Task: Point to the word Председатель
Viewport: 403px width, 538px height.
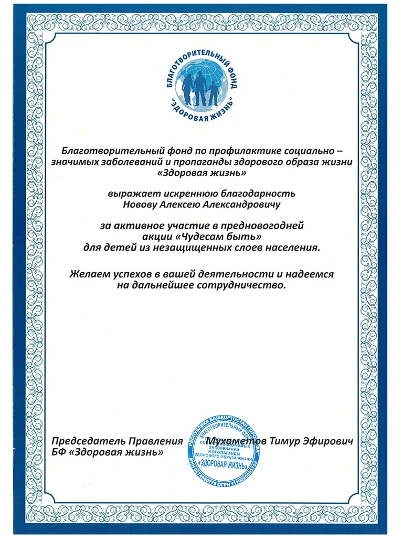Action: coord(84,440)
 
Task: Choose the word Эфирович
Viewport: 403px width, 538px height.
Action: coord(331,440)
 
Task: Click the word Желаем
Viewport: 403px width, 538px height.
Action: coord(88,274)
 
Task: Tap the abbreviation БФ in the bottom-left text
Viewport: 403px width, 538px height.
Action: coord(59,451)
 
